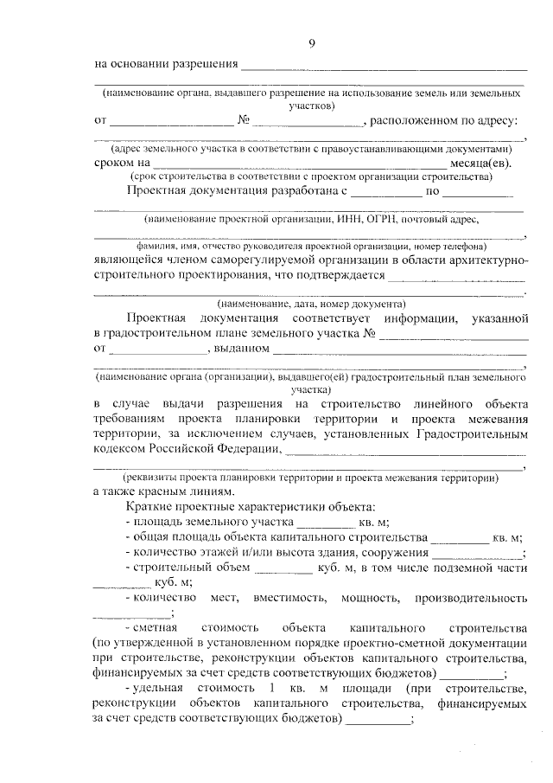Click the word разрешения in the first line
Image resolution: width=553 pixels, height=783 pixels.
click(x=203, y=65)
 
